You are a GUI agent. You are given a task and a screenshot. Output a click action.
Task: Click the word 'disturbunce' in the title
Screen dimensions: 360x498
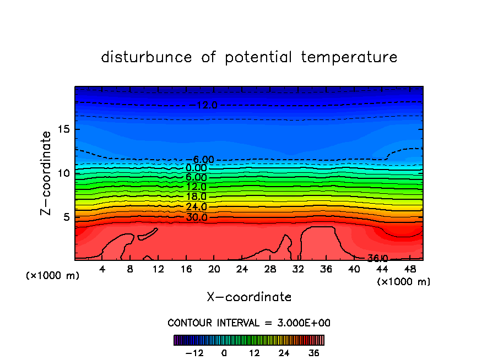coord(147,57)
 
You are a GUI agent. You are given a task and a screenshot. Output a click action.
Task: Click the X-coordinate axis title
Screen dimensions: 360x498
coord(249,297)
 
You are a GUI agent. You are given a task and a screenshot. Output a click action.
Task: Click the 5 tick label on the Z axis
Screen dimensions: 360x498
coord(64,217)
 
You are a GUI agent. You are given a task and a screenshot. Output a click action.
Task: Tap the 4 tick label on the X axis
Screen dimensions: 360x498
coord(102,269)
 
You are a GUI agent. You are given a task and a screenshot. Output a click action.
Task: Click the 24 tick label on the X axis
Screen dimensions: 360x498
coord(242,269)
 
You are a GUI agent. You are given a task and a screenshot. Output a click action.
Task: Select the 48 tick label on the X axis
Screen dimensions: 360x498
coord(409,269)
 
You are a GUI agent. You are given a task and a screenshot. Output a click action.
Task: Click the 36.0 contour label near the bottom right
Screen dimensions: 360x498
coord(378,258)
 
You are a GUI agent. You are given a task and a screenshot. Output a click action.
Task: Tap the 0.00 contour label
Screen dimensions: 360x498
coord(196,168)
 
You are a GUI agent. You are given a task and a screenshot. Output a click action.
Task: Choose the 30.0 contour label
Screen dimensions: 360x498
coord(196,217)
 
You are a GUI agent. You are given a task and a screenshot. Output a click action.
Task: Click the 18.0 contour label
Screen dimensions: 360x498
coord(196,197)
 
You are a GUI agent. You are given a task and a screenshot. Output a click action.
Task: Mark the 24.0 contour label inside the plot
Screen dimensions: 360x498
coord(196,207)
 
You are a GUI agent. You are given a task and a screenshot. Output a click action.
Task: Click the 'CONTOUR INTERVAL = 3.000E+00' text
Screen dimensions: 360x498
coord(249,323)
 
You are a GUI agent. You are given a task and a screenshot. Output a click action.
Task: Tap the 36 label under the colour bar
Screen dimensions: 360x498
coord(313,353)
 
